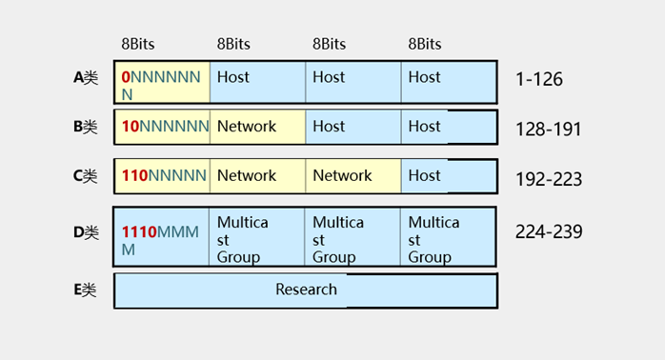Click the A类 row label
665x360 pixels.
coord(86,77)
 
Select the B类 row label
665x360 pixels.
coord(86,127)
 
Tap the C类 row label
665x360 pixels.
coord(86,176)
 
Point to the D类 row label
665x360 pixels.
coord(86,232)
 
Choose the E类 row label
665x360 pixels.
coord(85,290)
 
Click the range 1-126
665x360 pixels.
coord(539,79)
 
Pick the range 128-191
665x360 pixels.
coord(548,130)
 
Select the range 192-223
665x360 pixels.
coord(549,179)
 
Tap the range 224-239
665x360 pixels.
coord(549,232)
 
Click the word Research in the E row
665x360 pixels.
coord(306,290)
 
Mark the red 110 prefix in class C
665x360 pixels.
coord(134,175)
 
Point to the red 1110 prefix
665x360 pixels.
coord(139,232)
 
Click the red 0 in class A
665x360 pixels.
coord(126,77)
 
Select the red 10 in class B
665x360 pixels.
coord(131,127)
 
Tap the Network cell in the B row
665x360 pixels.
coord(257,127)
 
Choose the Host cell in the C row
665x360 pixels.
coord(449,176)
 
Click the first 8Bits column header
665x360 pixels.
coord(138,44)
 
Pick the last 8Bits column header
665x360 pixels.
coord(425,44)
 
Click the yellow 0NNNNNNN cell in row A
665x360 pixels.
coord(162,82)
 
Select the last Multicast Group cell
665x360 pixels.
coord(448,237)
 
